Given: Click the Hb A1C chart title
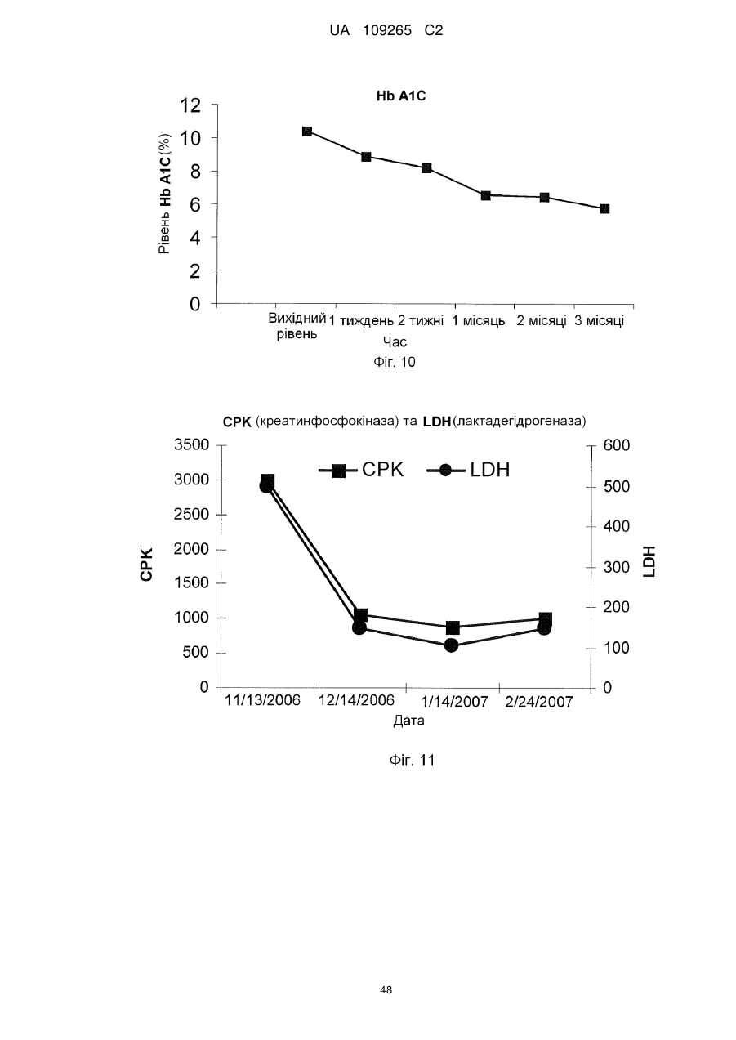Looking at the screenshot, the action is point(401,96).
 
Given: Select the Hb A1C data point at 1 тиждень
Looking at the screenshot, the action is point(366,157).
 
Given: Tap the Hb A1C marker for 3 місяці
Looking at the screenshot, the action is point(604,209).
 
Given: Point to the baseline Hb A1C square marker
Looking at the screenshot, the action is point(307,132).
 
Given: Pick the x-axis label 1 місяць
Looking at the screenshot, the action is point(479,321).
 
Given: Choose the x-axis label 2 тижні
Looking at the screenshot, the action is point(421,321).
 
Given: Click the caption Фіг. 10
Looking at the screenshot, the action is point(395,362).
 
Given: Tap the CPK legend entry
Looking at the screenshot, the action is point(361,470).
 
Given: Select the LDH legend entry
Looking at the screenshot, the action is point(467,470).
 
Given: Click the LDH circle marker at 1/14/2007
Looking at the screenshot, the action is point(452,645).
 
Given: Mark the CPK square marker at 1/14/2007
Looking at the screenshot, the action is point(453,627).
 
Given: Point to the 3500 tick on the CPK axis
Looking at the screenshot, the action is point(192,444).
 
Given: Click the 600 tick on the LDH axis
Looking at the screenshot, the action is point(617,446).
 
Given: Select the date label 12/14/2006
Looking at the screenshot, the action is point(356,700).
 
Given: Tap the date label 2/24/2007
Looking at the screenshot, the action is point(539,702).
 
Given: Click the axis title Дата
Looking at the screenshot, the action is point(408,721).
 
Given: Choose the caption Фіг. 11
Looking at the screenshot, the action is point(412,760).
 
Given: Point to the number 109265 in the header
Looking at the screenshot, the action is point(387,31).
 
